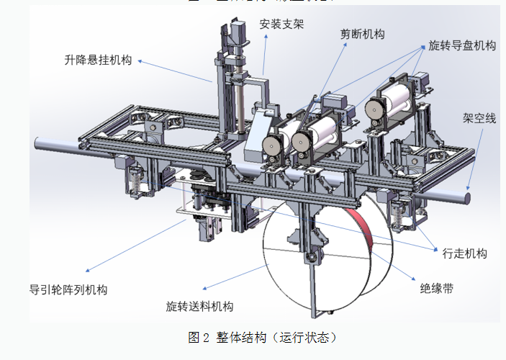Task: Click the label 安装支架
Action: click(281, 24)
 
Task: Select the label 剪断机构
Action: click(362, 34)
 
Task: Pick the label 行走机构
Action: click(464, 253)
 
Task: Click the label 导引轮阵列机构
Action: click(68, 290)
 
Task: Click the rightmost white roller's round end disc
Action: click(373, 108)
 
